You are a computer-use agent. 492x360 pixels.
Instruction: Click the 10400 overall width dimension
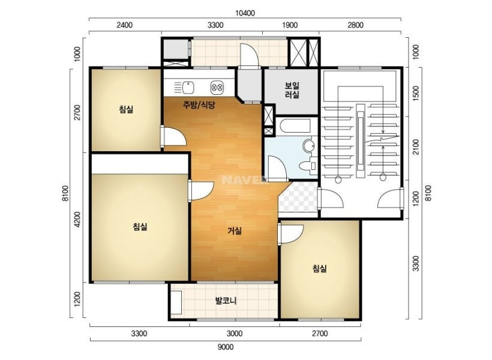coord(245,13)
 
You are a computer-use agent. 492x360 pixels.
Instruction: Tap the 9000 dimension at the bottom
coord(225,347)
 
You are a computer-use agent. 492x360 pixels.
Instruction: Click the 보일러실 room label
coord(292,90)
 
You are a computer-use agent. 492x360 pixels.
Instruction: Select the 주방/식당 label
coord(199,105)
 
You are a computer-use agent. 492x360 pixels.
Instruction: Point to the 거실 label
coord(235,231)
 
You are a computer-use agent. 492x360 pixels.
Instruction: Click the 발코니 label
coord(226,301)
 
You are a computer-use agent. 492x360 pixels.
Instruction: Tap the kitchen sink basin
coord(188,87)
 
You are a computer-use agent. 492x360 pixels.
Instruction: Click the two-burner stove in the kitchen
coord(217,87)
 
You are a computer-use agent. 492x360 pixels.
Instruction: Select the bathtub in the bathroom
coord(295,125)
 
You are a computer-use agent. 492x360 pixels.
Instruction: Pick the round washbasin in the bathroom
coord(308,146)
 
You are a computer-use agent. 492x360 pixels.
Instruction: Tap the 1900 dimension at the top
coord(290,25)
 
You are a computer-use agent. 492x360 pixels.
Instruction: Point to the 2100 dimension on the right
coord(416,147)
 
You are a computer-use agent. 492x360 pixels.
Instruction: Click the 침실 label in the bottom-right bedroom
coord(319,268)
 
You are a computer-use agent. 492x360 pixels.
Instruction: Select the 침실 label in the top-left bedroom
coord(126,109)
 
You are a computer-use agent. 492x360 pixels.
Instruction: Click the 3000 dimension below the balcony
coord(235,334)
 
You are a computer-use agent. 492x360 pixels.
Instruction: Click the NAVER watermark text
coord(243,180)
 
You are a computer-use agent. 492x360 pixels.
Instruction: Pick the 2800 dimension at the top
coord(355,25)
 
